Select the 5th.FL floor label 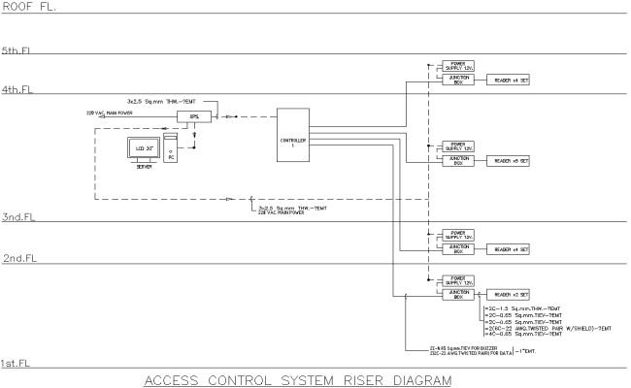[18, 49]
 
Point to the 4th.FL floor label [18, 88]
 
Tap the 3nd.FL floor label [18, 217]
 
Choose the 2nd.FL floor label [18, 260]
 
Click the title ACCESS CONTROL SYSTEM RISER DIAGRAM [297, 379]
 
